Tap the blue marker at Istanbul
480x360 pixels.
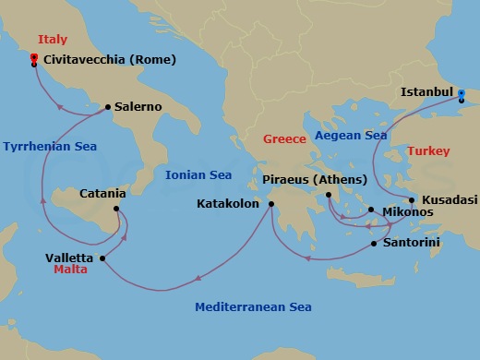462,94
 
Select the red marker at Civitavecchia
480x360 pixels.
33,58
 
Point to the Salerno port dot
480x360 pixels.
108,107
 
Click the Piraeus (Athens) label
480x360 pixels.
315,178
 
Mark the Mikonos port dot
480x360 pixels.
370,210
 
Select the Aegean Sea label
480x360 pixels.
351,135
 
